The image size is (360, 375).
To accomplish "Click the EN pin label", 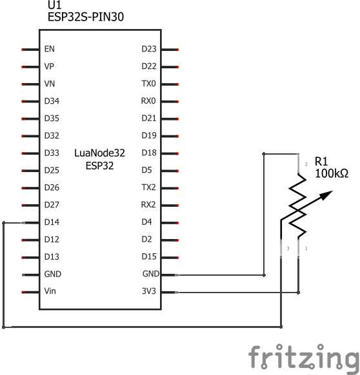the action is pos(49,49).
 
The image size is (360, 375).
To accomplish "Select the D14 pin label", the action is pos(52,222).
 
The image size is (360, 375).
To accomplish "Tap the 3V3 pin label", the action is pos(149,291).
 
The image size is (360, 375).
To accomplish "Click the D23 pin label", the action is pos(149,49).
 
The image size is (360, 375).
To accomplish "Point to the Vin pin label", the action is pos(50,291).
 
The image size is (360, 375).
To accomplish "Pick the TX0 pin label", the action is pos(148,84).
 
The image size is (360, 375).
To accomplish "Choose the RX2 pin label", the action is pos(148,205).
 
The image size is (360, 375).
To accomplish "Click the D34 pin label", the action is pos(52,101).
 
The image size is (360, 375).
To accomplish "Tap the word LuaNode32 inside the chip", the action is pos(99,153).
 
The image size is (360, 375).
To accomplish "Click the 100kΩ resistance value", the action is pos(332,173).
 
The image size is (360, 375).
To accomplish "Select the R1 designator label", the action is pos(321,162).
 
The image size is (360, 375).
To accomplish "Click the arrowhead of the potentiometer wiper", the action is pos(326,195).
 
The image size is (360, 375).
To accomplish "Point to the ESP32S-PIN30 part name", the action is pos(86,17).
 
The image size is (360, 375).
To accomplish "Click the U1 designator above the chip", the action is pos(55,5).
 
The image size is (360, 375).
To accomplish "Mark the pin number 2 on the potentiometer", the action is pos(306,164).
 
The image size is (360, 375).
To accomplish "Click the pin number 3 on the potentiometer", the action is pos(288,249).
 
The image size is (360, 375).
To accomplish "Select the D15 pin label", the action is pos(149,256).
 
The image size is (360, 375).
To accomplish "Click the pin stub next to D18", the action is pos(170,153).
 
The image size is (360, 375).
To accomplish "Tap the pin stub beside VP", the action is pos(30,67).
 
